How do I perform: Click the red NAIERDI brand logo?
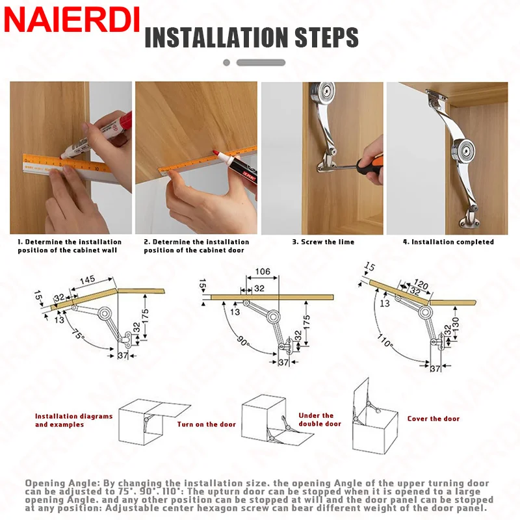[x=71, y=20]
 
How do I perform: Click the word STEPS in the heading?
[x=326, y=37]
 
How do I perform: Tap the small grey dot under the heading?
[x=226, y=62]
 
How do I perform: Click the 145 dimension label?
[x=88, y=280]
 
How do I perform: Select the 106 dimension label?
[x=263, y=272]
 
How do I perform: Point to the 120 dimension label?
[x=421, y=285]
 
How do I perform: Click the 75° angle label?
[x=78, y=334]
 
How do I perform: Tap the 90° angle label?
[x=242, y=341]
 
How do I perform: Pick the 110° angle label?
[x=385, y=340]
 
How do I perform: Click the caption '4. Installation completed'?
[x=448, y=242]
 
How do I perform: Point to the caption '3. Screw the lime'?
[x=323, y=242]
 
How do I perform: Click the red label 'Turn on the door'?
[x=206, y=424]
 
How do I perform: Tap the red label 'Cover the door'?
[x=434, y=419]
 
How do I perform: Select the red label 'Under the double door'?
[x=320, y=419]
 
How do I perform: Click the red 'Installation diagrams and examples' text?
[x=73, y=420]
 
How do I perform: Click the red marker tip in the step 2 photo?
[x=214, y=153]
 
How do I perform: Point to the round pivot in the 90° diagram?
[x=273, y=317]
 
